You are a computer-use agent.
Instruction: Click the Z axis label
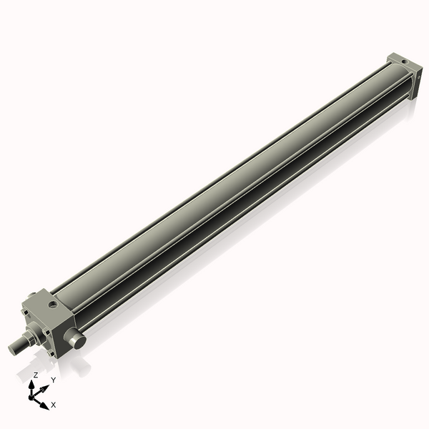(36, 374)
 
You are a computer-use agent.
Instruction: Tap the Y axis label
(53, 380)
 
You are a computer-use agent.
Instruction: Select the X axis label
(54, 405)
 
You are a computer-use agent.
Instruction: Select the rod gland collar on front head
(33, 334)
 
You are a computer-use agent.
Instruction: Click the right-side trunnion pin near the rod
(75, 340)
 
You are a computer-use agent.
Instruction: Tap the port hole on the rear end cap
(405, 63)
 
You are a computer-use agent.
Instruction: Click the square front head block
(50, 318)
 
